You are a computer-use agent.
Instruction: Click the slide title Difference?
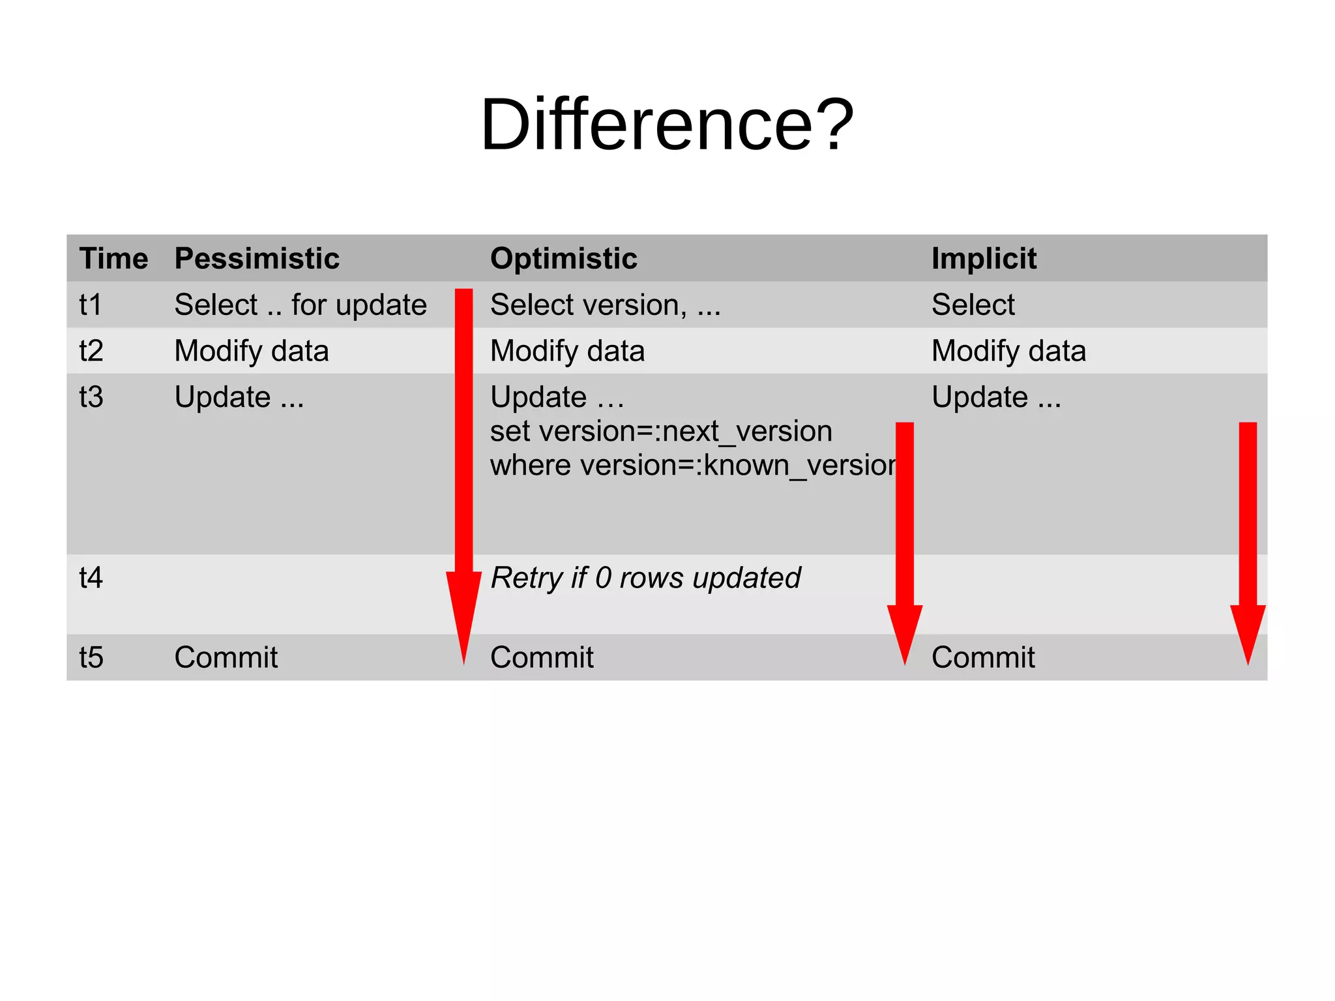coord(666,124)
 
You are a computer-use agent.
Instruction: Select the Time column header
coord(113,258)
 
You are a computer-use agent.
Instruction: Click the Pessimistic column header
coord(257,258)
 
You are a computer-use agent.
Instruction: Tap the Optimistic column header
coord(563,258)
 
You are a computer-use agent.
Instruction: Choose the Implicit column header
coord(983,258)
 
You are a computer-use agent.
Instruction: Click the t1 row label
coord(91,305)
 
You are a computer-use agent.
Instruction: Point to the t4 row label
coord(91,578)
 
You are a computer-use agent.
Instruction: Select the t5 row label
coord(91,657)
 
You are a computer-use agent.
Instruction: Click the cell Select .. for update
coord(300,305)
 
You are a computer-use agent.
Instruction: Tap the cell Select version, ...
coord(605,305)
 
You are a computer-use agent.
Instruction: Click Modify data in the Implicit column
coord(1008,351)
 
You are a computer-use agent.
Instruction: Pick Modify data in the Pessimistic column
coord(251,351)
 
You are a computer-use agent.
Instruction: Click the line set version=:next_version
coord(660,431)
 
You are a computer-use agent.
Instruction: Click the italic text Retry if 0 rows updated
coord(645,578)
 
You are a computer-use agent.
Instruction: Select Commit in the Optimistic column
coord(541,657)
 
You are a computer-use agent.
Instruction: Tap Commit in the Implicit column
coord(982,657)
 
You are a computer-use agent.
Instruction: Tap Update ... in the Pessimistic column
coord(239,397)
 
